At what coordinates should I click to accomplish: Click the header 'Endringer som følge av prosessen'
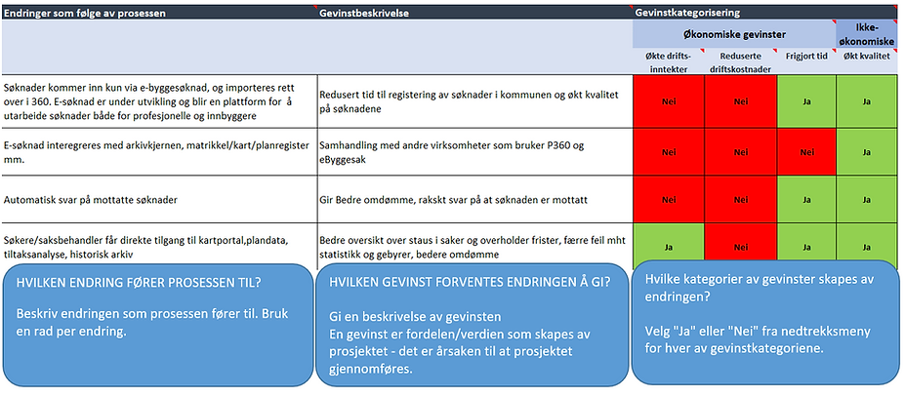[x=84, y=15]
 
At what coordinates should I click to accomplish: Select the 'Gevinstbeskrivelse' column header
[x=363, y=15]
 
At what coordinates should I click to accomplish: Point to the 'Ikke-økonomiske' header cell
[x=868, y=34]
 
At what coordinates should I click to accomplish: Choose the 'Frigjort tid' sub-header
[x=806, y=57]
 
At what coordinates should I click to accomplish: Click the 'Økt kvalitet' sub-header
[x=868, y=57]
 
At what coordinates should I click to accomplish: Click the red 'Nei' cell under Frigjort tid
[x=806, y=152]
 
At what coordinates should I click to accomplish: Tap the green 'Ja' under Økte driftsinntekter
[x=668, y=247]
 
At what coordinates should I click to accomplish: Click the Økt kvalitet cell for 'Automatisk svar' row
[x=868, y=199]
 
